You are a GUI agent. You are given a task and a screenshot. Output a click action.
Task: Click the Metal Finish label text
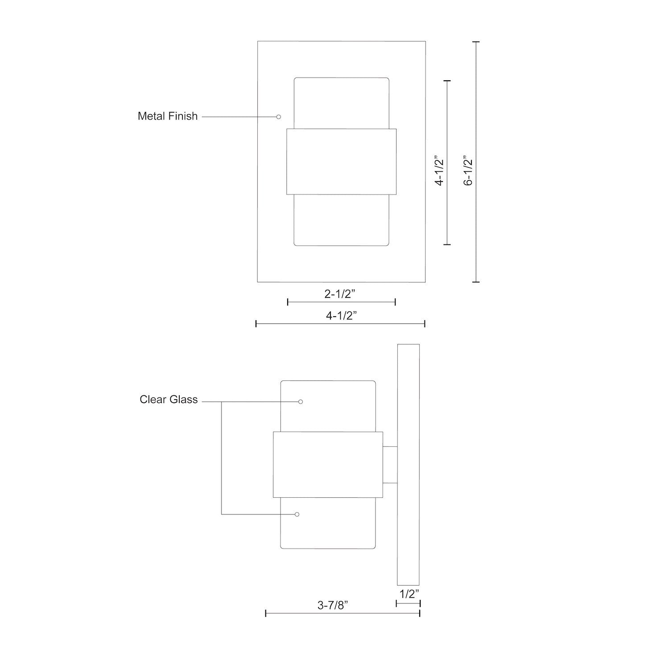coord(167,116)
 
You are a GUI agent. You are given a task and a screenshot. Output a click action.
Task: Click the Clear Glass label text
coord(168,400)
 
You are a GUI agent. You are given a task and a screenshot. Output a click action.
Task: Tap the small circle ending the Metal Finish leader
coord(279,117)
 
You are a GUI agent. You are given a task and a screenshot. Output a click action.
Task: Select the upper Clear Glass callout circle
coord(301,402)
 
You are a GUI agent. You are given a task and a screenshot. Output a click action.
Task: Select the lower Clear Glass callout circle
coord(297,514)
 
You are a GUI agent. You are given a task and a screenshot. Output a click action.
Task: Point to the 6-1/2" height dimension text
coord(468,170)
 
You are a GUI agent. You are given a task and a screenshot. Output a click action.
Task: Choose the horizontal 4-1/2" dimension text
coord(342,316)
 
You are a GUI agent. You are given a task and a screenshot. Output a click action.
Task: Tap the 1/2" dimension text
coord(408,594)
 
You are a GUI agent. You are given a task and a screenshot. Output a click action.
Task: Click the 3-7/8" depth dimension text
coord(333,605)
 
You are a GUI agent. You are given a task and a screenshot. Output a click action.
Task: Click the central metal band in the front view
coord(341,162)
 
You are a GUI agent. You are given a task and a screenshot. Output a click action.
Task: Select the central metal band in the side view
coord(328,464)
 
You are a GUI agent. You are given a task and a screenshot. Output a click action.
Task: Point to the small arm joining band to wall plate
coord(390,465)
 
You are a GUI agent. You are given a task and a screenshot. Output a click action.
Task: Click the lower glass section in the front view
coord(341,220)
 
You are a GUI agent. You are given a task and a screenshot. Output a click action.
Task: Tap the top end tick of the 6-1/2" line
coord(476,41)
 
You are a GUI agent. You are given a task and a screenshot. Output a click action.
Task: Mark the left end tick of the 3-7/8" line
coord(266,614)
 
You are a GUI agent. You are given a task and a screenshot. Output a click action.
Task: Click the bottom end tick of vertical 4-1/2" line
coord(447,244)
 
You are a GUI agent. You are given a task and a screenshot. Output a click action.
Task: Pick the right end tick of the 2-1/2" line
coord(395,302)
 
